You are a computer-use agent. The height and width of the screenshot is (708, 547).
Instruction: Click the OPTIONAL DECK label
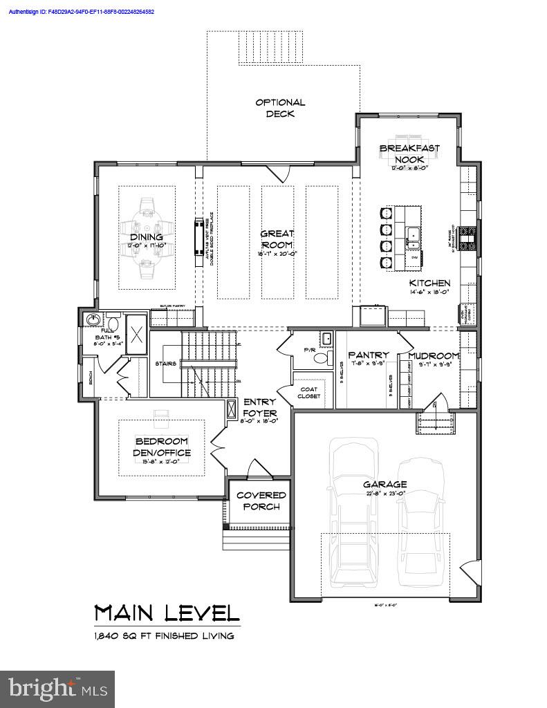pyautogui.click(x=280, y=108)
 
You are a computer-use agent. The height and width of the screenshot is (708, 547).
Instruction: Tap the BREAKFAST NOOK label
pyautogui.click(x=409, y=153)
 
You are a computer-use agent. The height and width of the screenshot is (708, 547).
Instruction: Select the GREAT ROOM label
pyautogui.click(x=277, y=239)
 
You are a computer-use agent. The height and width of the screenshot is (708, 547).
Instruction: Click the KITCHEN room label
pyautogui.click(x=429, y=283)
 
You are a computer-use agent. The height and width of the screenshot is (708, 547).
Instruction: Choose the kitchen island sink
pyautogui.click(x=414, y=236)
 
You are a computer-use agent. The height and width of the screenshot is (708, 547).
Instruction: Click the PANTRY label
pyautogui.click(x=368, y=355)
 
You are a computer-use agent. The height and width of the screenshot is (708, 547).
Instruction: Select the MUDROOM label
pyautogui.click(x=434, y=355)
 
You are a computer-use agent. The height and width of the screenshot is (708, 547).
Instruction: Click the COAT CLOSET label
pyautogui.click(x=309, y=393)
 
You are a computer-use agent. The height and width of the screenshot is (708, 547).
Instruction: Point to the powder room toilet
pyautogui.click(x=325, y=339)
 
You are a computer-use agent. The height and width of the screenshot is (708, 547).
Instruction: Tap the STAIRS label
pyautogui.click(x=166, y=363)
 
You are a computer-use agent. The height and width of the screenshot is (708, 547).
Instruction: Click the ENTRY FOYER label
pyautogui.click(x=259, y=407)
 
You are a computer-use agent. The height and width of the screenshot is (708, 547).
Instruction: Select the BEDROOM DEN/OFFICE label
pyautogui.click(x=162, y=447)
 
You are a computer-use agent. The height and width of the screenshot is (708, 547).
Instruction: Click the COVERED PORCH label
pyautogui.click(x=261, y=501)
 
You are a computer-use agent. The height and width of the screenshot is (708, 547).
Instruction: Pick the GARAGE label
pyautogui.click(x=385, y=484)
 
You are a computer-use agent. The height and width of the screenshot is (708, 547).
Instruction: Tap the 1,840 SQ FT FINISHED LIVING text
pyautogui.click(x=164, y=635)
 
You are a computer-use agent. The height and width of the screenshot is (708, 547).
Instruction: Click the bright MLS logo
pyautogui.click(x=58, y=689)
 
